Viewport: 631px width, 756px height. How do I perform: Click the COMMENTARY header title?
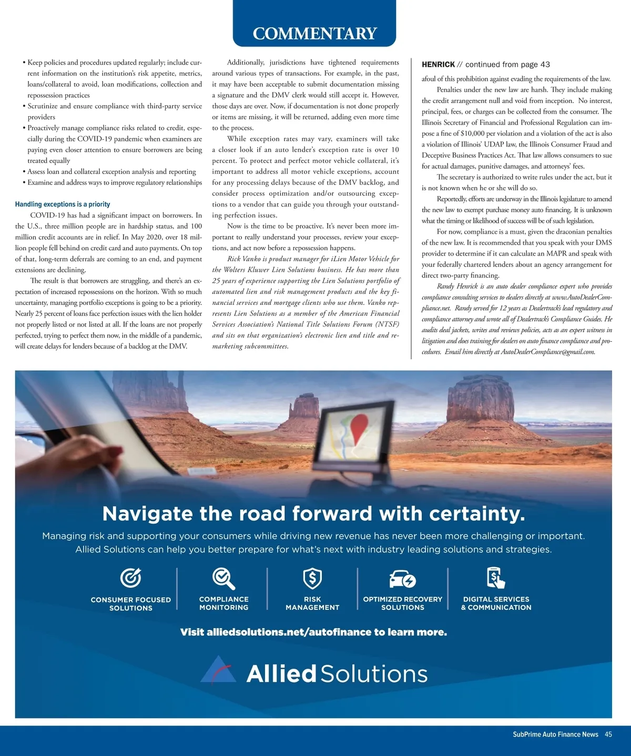314,33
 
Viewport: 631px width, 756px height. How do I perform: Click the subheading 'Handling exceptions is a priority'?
63,204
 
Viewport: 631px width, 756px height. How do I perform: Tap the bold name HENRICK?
438,64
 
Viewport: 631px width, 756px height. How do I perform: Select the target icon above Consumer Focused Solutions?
130,578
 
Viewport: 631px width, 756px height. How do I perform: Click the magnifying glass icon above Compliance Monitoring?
223,578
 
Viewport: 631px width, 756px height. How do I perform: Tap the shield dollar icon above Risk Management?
312,578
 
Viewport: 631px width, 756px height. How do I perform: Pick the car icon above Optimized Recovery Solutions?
402,579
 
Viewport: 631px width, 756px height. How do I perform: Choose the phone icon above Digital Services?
496,578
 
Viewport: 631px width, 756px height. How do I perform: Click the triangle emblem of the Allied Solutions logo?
219,670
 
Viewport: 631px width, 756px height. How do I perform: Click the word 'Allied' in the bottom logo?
281,674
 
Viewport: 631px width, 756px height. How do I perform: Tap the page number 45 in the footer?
608,734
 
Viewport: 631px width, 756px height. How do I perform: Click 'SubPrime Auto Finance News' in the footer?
555,734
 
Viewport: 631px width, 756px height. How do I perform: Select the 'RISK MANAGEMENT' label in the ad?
312,603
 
